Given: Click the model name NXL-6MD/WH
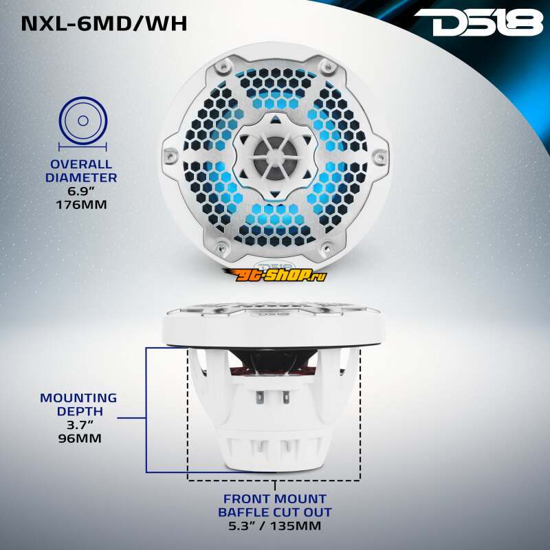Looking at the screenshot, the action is point(104,23).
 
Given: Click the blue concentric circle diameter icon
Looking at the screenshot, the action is point(83,120).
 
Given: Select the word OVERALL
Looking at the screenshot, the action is point(81,164).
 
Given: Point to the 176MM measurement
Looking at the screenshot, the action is point(81,204).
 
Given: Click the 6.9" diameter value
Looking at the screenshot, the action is point(81,191).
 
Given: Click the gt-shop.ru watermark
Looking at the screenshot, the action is point(274,274).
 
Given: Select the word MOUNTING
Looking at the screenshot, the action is point(78,398).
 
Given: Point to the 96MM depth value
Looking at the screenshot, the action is point(80,438).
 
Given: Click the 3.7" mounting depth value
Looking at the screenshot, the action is point(80,425).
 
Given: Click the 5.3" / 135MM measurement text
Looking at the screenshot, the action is point(274,525).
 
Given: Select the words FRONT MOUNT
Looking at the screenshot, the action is point(274,499).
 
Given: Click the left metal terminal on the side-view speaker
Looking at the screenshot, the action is point(260,397).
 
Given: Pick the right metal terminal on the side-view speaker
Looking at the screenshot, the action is point(286,397).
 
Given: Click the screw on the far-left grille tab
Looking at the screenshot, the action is point(170,155).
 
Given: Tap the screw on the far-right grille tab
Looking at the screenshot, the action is point(380,153).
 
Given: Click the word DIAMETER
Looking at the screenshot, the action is point(81,177).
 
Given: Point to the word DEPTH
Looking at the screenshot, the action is point(80,411).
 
